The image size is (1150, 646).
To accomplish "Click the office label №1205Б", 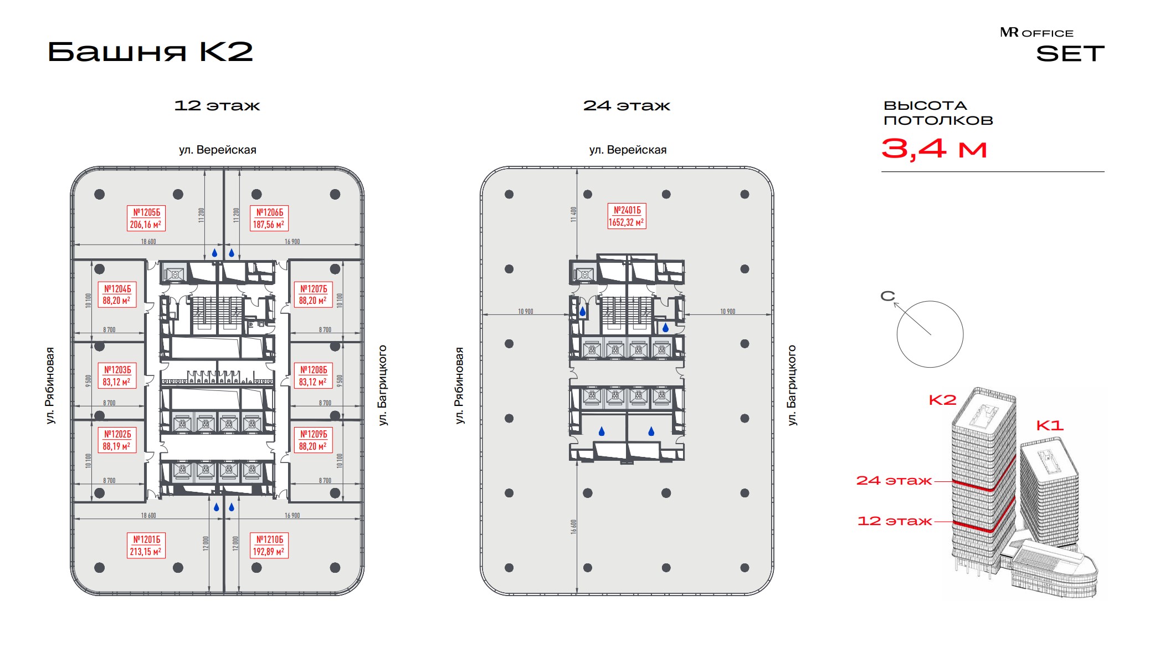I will [x=146, y=218].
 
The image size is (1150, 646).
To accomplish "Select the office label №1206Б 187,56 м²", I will [x=269, y=218].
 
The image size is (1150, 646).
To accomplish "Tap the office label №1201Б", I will [x=146, y=546].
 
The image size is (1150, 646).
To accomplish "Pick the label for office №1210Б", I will [x=269, y=546].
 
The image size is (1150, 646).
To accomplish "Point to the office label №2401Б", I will [x=627, y=216].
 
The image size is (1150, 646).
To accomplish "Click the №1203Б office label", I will [x=117, y=376].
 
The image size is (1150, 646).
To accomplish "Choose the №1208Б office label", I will [x=313, y=376].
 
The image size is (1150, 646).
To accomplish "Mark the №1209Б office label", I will [x=313, y=440].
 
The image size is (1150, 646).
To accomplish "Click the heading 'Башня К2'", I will [x=150, y=52].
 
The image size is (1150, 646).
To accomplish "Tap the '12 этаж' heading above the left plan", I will [x=217, y=105].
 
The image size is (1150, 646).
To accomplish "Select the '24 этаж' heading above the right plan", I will [x=627, y=105].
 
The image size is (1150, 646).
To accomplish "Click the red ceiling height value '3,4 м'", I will [x=934, y=149].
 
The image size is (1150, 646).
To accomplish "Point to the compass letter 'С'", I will [x=887, y=296].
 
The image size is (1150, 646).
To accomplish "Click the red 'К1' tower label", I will [x=1050, y=425].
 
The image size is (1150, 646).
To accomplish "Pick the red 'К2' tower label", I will [x=942, y=400].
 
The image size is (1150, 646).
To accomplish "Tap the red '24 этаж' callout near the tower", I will [x=894, y=481].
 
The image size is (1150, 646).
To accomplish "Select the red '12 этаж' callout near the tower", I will [x=894, y=521].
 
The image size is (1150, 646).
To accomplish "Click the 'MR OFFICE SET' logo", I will [x=1052, y=45].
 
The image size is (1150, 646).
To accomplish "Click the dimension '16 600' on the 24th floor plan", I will [x=573, y=527].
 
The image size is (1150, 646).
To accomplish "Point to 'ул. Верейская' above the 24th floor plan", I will [x=628, y=150].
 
